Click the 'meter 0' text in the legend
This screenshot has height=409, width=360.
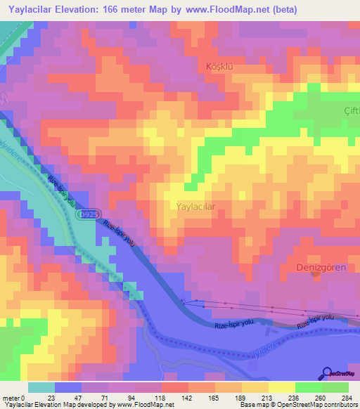[x=13, y=398]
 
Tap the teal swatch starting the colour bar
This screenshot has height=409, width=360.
[x=41, y=387]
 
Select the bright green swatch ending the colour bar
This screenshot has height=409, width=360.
[x=335, y=387]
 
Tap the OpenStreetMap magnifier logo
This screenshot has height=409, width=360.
[x=328, y=372]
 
